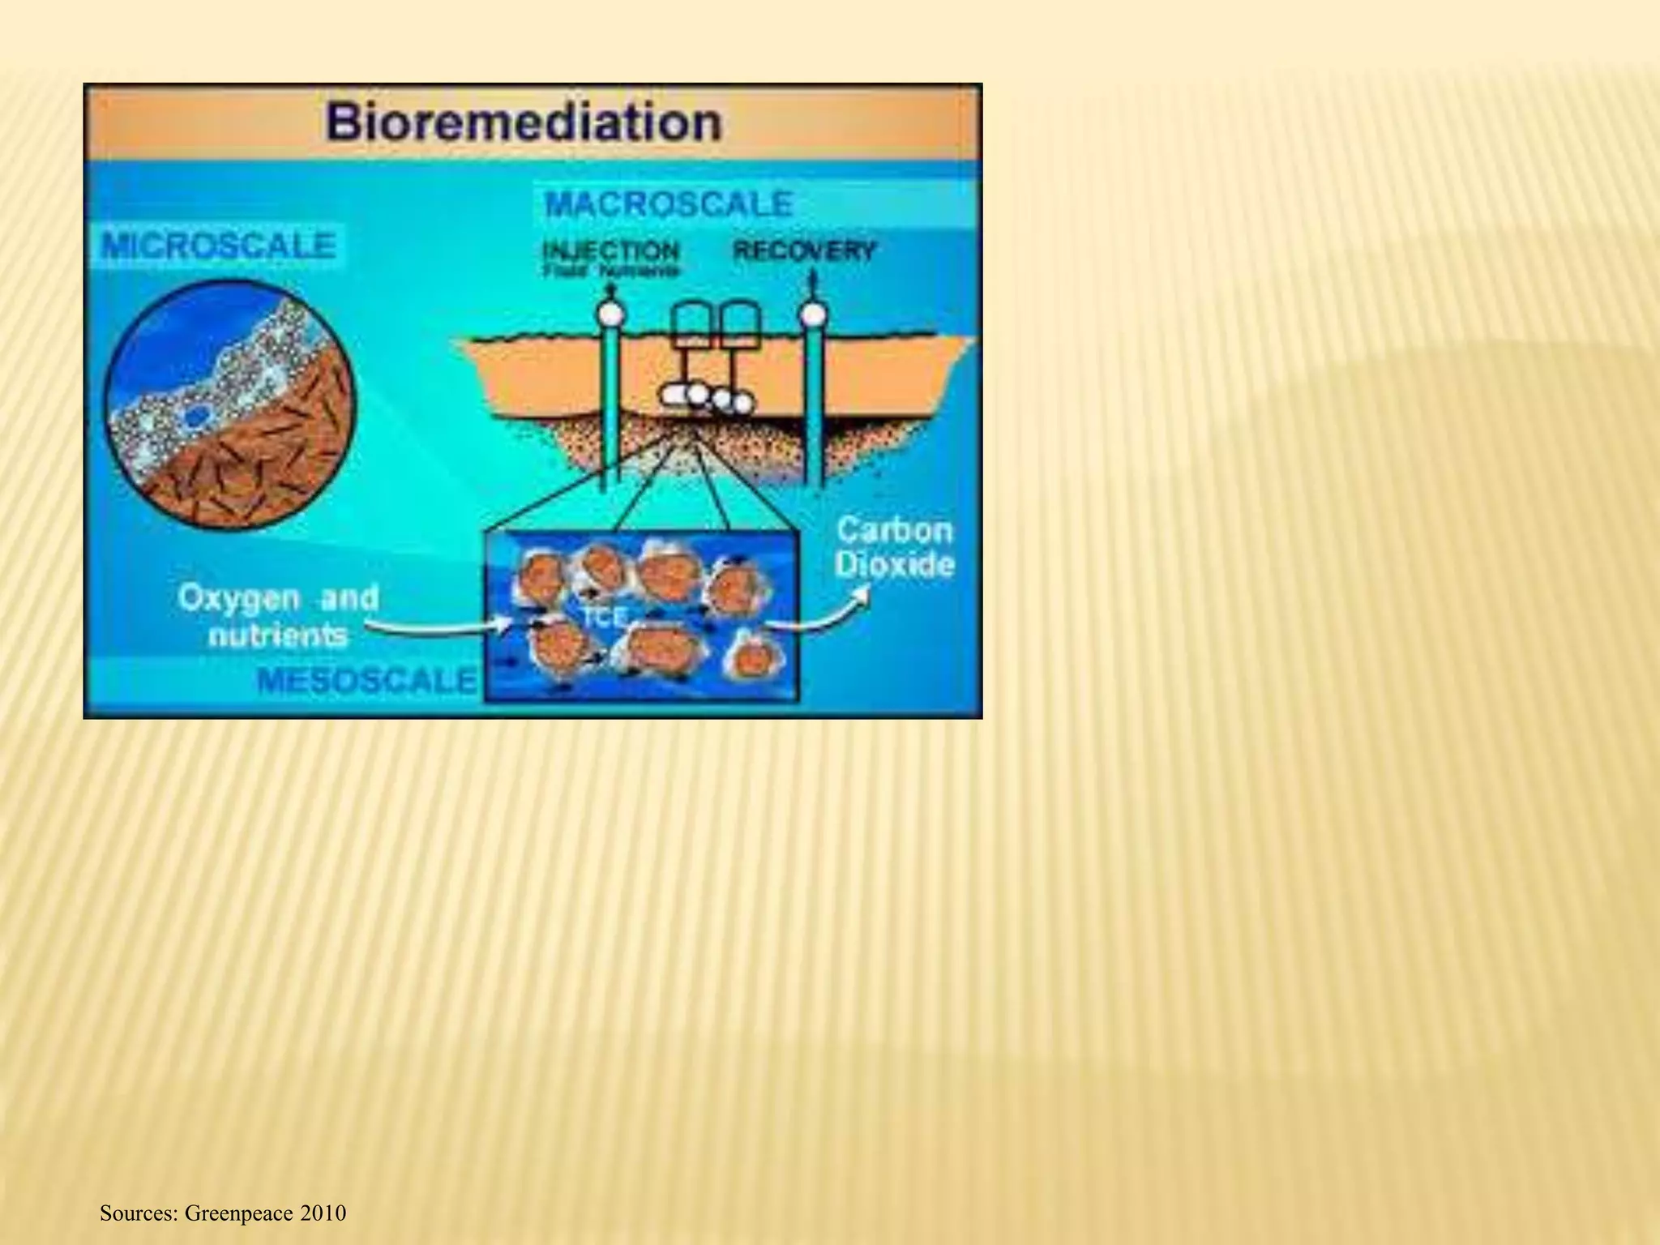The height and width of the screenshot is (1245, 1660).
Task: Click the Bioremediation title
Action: point(524,123)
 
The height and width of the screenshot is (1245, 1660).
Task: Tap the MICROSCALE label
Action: point(218,246)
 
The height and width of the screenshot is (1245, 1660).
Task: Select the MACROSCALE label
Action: point(669,203)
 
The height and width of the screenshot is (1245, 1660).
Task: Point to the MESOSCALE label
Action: point(366,680)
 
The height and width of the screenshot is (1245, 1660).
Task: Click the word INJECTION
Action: point(610,250)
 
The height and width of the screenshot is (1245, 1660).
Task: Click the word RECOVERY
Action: point(804,250)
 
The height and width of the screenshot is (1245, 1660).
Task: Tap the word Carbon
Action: point(894,530)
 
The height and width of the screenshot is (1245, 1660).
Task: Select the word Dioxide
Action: point(894,565)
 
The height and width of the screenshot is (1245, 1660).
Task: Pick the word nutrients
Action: point(278,635)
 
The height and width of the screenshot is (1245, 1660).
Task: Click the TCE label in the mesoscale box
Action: point(605,618)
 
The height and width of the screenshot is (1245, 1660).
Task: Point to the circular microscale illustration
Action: point(230,405)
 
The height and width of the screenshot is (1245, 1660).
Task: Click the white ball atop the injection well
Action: point(610,313)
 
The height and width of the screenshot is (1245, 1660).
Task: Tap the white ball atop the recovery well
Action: point(813,313)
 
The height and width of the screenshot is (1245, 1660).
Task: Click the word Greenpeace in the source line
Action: point(238,1213)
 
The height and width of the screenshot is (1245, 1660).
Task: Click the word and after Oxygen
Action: point(349,599)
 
